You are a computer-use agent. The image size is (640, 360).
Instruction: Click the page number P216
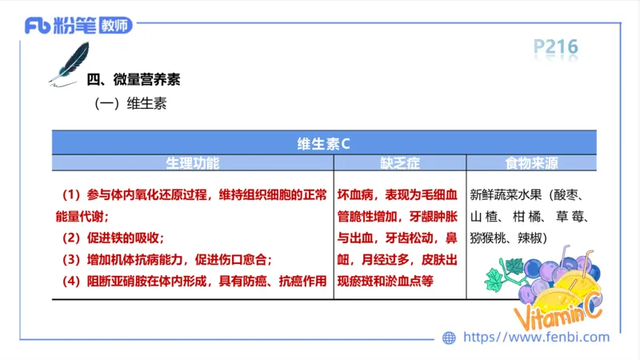tap(555, 48)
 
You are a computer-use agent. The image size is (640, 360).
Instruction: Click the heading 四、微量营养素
tap(133, 80)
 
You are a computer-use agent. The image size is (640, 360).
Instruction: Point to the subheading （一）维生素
tap(130, 103)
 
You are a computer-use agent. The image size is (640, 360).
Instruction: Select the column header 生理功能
tap(192, 162)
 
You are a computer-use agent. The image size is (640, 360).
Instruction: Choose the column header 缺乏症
tap(399, 162)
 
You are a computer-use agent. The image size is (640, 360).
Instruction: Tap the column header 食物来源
tap(531, 162)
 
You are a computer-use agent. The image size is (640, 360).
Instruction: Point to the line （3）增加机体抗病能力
tap(168, 260)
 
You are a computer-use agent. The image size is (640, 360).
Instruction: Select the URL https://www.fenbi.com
tap(536, 338)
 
